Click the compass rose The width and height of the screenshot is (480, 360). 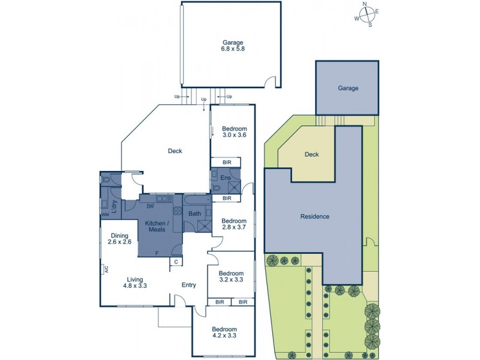(366, 14)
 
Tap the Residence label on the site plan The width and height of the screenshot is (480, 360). (314, 217)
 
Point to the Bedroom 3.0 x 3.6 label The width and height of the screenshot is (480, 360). (234, 132)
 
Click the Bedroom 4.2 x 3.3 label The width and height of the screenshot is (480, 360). (224, 333)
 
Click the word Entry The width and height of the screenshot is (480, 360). (190, 285)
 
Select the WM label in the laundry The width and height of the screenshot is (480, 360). (106, 214)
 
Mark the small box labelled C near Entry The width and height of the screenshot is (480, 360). (176, 262)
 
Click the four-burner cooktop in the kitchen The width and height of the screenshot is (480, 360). (178, 211)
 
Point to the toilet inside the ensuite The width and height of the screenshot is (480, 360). (216, 188)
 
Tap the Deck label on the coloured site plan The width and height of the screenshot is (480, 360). (311, 154)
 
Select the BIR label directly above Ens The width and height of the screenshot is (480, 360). (227, 163)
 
